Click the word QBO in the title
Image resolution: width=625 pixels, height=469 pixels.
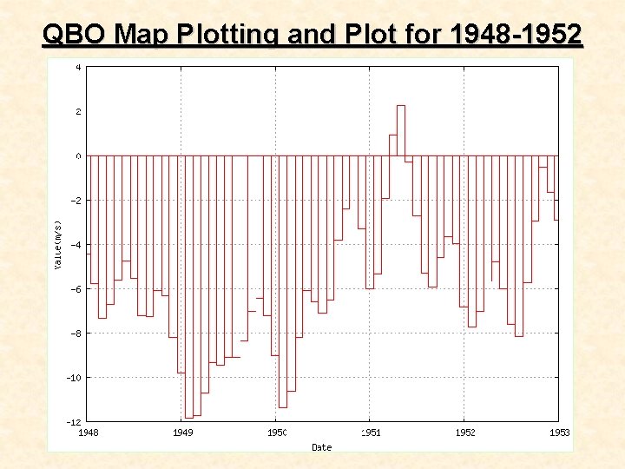(x=76, y=35)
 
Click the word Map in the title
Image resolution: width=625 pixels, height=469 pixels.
(x=143, y=35)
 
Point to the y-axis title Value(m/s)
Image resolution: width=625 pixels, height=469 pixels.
(x=58, y=243)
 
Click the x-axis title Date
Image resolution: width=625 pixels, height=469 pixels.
(x=321, y=447)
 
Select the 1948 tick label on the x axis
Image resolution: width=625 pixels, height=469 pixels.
(x=89, y=432)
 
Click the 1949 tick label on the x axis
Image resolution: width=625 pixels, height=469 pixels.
(x=182, y=432)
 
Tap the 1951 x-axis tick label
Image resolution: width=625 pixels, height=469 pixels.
(x=371, y=432)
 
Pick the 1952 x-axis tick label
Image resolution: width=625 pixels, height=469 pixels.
(x=464, y=432)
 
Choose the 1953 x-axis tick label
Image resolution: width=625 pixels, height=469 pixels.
(x=558, y=432)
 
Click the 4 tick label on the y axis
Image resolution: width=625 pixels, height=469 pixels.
(x=78, y=67)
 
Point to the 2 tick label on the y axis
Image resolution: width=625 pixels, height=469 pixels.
(x=78, y=111)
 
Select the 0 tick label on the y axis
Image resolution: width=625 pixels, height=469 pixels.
(x=78, y=155)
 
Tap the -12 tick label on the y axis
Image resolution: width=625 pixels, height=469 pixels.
(x=76, y=421)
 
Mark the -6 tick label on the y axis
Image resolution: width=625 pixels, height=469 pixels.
(x=76, y=288)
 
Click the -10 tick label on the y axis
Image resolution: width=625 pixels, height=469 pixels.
(x=76, y=377)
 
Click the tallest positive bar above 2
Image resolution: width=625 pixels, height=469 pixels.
(x=401, y=130)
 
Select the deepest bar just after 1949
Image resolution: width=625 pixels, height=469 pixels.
(x=188, y=287)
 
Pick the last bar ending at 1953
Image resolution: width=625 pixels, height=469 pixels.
(x=556, y=188)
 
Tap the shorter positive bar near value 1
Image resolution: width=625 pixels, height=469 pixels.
(x=393, y=145)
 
